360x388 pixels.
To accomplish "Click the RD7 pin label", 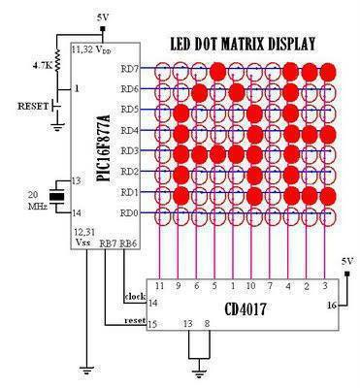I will (128, 70).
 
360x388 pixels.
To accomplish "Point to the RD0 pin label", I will (128, 212).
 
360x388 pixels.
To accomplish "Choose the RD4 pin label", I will (128, 131).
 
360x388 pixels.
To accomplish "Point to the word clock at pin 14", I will (134, 296).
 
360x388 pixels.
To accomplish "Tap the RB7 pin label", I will (109, 243).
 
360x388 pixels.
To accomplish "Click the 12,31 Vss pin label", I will (84, 238).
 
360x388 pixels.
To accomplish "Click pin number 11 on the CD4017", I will (160, 287).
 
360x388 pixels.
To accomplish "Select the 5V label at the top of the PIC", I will (104, 18).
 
